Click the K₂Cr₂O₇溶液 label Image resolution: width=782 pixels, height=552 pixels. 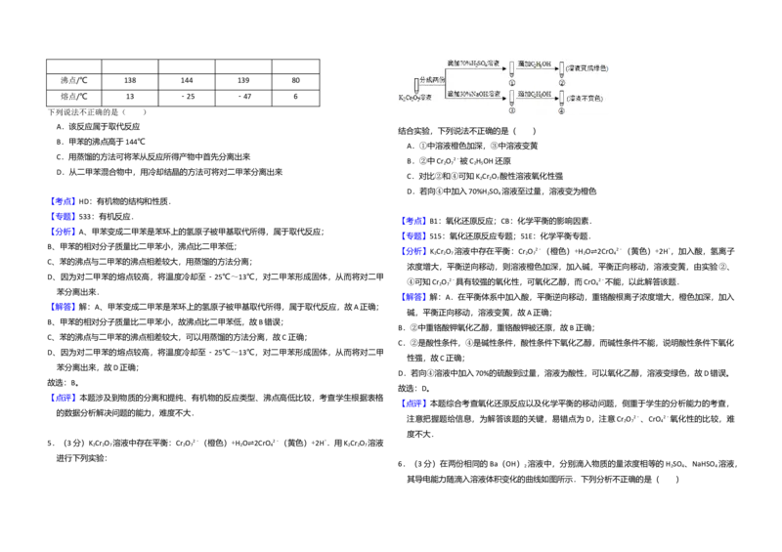coord(415,98)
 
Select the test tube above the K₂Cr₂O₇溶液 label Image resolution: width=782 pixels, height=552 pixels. coord(416,84)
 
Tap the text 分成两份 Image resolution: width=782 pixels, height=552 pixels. coord(433,79)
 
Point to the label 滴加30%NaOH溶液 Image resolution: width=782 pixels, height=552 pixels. coord(473,95)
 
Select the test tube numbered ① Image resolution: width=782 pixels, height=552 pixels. coord(511,67)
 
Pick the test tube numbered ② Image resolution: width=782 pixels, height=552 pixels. coord(561,67)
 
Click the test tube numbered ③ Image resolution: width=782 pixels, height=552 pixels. coord(511,99)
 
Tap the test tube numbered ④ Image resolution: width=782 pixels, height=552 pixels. coord(561,99)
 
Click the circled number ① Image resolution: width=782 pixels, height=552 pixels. coord(511,82)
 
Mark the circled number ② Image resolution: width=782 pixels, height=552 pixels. coord(562,82)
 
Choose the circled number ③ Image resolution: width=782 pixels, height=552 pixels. coord(511,112)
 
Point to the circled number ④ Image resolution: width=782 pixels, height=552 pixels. coord(561,112)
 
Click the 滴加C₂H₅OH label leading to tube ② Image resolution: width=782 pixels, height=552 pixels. coord(535,64)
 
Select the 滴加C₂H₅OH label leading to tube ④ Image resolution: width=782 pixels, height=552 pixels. coord(535,95)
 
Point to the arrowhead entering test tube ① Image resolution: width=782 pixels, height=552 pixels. coord(503,69)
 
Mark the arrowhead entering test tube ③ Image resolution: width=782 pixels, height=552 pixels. coord(503,100)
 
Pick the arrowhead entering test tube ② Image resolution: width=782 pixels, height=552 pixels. coord(554,69)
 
